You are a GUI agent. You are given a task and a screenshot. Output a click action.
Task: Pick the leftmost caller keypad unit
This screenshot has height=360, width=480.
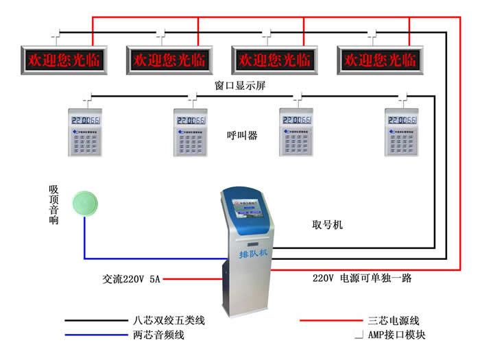[x=87, y=132]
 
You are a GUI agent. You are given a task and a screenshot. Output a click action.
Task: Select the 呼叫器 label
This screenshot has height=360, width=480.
[x=242, y=136]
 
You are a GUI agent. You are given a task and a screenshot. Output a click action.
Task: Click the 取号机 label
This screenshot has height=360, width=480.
[x=327, y=225]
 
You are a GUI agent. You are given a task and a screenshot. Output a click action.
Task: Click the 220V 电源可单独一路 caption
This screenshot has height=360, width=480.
[x=361, y=279]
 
